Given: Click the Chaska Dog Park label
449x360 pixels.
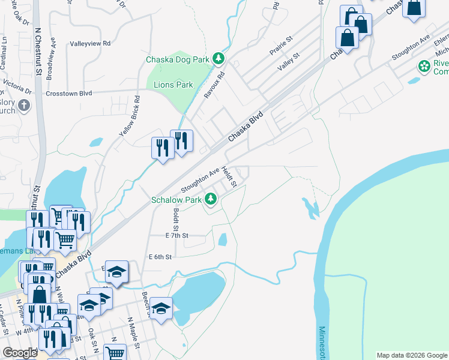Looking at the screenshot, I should point(177,59).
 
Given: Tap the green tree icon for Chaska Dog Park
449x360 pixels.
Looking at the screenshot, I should point(220,59).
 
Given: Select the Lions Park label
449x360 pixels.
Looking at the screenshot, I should point(173,85).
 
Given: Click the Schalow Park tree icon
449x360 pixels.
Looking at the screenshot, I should point(211,199).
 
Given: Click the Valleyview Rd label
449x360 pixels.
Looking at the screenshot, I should point(91,43).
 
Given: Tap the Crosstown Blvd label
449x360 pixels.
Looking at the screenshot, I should point(68,93).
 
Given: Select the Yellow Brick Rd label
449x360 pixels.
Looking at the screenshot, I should point(129,115).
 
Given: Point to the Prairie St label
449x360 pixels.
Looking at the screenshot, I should point(280,45).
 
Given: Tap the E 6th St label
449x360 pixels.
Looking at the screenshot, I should point(160,257).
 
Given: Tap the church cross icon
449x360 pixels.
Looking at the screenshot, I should point(23,106).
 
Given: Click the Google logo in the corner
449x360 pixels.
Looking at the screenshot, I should point(20,353).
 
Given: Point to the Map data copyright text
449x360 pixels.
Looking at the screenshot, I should point(412,355).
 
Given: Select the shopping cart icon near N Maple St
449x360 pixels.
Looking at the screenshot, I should point(114,353).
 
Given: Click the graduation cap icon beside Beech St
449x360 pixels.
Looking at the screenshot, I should point(161,308).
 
